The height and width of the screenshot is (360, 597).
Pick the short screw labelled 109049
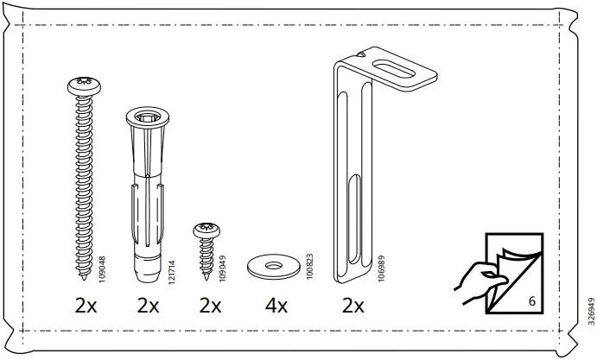coord(207,247)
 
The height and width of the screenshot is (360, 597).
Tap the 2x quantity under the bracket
coord(352,306)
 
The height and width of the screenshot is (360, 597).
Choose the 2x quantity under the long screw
coord(86,306)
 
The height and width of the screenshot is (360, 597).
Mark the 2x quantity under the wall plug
coord(149,306)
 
